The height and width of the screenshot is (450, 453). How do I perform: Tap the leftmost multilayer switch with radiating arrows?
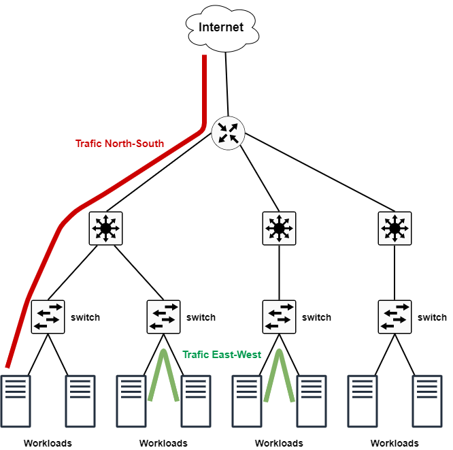pos(105,229)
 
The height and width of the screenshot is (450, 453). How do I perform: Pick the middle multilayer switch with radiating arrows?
pos(279,229)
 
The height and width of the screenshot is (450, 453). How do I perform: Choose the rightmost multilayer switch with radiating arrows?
pos(395,229)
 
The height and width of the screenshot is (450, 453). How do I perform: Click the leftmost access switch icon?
pos(48,317)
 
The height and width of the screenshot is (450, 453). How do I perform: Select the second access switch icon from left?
pos(163,317)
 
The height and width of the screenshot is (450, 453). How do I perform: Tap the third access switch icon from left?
pos(279,317)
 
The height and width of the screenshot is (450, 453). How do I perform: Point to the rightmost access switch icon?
pos(395,317)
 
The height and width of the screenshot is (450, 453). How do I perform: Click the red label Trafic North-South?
pos(119,144)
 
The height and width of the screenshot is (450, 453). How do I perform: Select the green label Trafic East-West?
pos(222,355)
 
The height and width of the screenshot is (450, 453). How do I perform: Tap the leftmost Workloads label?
pos(48,443)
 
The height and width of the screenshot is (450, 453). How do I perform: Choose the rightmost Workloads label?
pos(395,443)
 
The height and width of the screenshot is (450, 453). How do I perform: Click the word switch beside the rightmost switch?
pos(433,317)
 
